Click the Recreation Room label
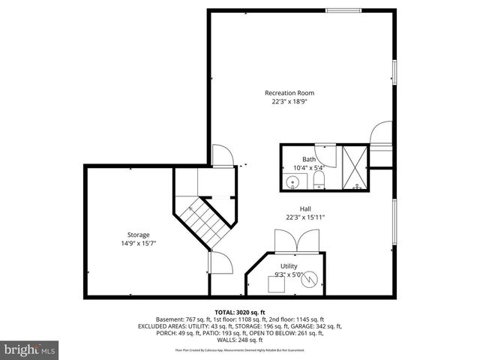[x=289, y=93]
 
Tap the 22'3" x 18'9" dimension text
[x=289, y=102]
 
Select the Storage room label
[x=138, y=235]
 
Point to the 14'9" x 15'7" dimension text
[x=138, y=244]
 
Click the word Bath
[x=309, y=159]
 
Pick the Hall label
[x=304, y=208]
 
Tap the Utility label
[x=289, y=266]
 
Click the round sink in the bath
[x=291, y=182]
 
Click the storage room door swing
[x=219, y=264]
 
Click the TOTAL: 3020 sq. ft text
[x=240, y=311]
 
